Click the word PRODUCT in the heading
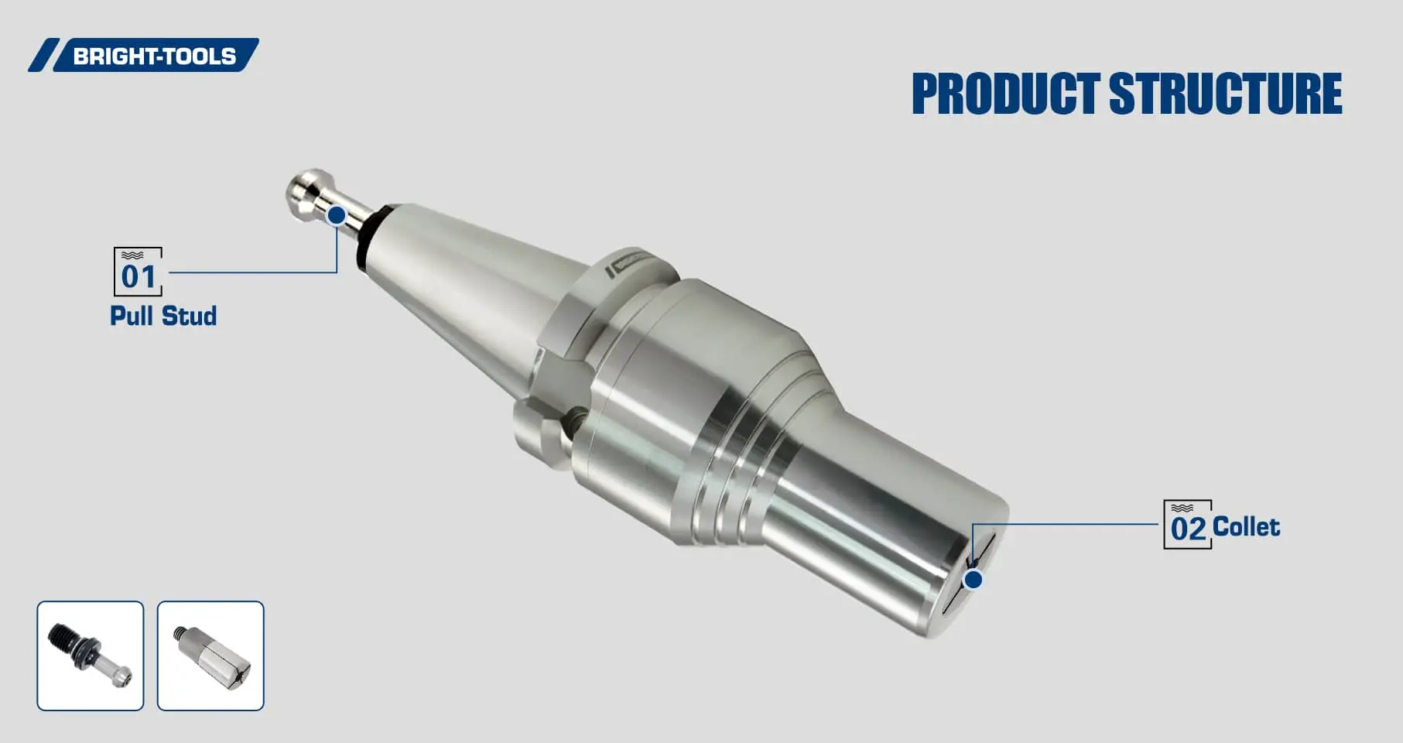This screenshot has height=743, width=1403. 1005,94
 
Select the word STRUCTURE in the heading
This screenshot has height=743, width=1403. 1226,94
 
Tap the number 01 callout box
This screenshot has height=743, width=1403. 138,272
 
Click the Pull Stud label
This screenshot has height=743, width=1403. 163,316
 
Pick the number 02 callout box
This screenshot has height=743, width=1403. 1187,526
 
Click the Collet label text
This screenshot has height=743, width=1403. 1246,527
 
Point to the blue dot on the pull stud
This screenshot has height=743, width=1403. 337,215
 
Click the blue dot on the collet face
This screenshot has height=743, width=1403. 974,579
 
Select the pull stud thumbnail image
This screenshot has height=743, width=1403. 91,656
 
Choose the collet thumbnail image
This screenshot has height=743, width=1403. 210,656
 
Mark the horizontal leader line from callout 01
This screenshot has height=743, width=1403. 252,272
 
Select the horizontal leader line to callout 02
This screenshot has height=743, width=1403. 1068,524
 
